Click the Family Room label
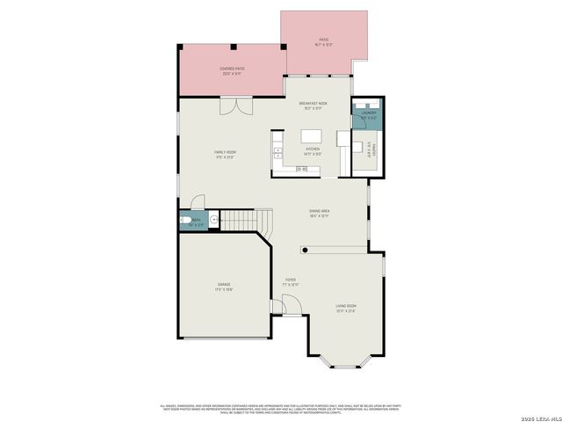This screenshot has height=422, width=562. [225, 154]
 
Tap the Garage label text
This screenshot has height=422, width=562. [225, 286]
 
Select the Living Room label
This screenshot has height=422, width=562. [346, 308]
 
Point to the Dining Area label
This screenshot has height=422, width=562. [319, 213]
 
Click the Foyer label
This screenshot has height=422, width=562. [290, 282]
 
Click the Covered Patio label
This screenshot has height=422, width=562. [232, 70]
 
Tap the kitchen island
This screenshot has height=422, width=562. [312, 137]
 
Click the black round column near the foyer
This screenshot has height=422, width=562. [304, 249]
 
